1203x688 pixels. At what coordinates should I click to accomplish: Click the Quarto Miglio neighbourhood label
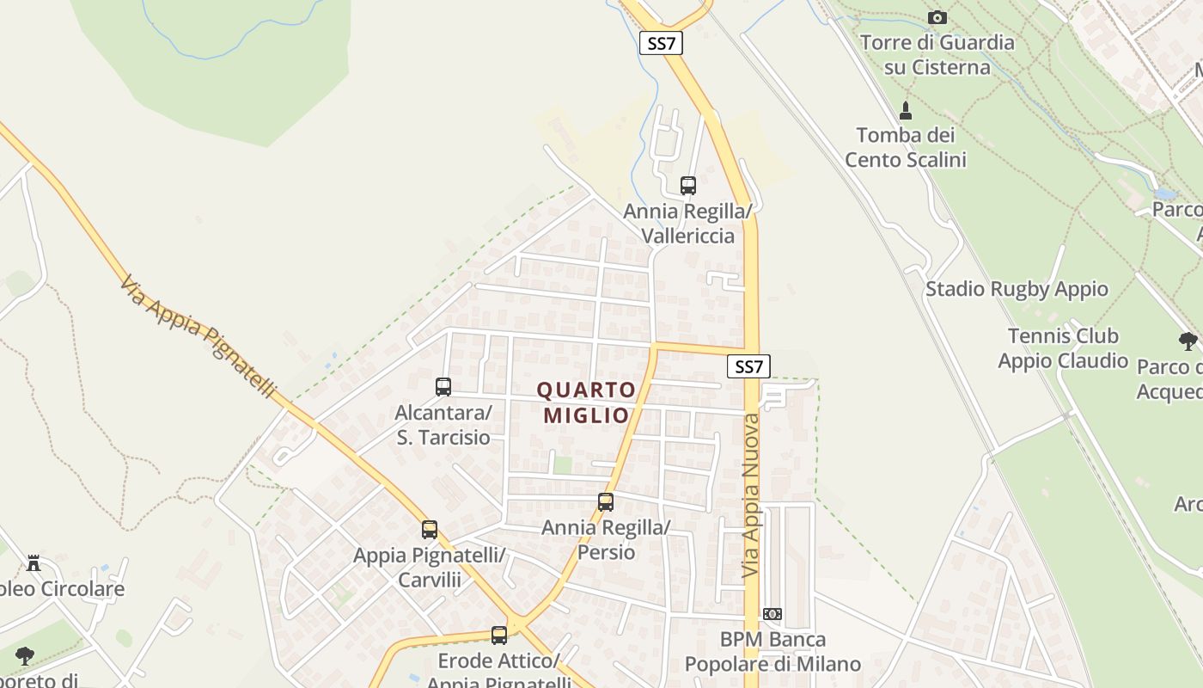587,402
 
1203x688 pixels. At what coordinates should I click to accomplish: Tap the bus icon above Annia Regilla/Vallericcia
687,185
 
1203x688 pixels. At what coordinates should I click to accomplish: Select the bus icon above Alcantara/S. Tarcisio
443,387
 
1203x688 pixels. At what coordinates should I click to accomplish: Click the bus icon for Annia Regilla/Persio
606,502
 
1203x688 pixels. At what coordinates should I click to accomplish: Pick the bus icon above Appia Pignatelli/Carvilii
430,530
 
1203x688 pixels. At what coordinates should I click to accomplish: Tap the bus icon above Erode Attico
499,636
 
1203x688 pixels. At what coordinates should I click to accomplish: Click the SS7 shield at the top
661,43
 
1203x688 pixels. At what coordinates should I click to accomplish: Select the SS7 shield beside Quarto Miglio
748,366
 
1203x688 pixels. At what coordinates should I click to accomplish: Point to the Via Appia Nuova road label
751,496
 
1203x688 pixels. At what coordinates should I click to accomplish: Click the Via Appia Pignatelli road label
198,336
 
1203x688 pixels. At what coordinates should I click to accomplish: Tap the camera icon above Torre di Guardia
937,17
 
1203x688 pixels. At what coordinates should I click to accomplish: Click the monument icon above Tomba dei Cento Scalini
905,111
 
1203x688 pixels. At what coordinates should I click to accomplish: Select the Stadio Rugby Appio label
1017,289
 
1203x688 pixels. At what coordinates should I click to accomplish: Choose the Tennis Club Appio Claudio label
1063,348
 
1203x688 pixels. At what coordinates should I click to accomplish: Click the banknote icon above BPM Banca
772,614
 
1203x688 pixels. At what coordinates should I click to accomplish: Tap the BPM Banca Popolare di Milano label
772,652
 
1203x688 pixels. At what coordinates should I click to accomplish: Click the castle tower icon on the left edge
34,563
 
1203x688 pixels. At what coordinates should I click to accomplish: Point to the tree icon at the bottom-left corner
25,656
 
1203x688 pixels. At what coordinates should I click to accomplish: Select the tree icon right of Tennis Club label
1188,341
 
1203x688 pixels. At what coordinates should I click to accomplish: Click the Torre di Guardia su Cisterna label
937,54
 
